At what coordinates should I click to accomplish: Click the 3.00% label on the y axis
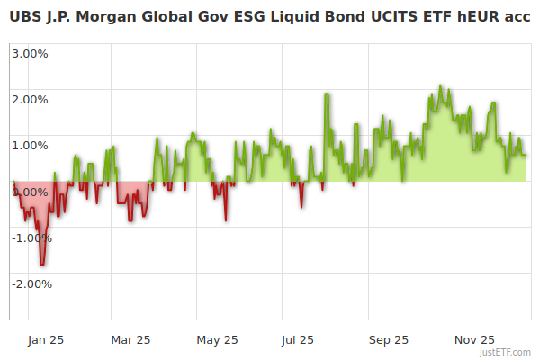pos(30,53)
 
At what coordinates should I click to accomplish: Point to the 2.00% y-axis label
pos(30,99)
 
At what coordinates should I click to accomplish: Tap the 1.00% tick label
pos(30,145)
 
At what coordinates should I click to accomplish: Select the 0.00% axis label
pos(30,192)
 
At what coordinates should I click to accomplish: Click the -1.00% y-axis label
pos(31,238)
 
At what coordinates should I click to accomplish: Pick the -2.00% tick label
pos(31,284)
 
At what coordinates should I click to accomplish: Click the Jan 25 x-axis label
pos(45,339)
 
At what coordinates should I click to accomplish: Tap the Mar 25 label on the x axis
pos(130,339)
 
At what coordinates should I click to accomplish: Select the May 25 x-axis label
pos(217,339)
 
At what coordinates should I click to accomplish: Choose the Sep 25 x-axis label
pos(389,339)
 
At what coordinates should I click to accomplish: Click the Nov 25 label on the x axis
pos(474,339)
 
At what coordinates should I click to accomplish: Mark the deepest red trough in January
pos(41,264)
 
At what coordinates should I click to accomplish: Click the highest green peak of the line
pos(440,85)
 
